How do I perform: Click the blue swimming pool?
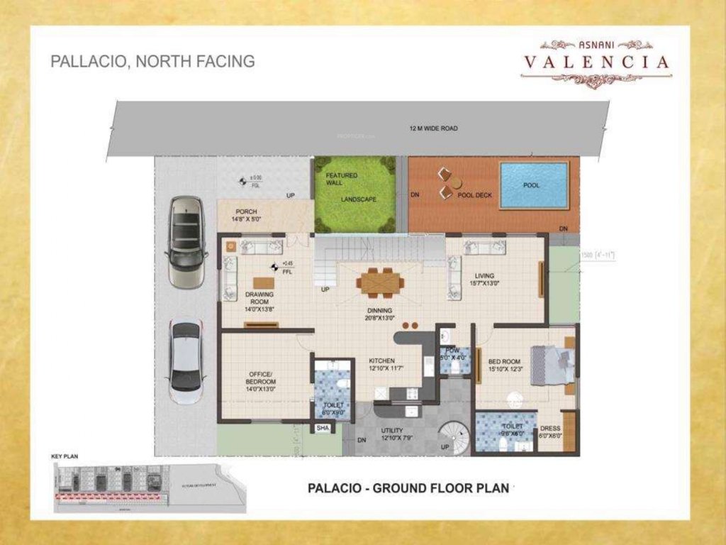[534, 185]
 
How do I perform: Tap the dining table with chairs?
[381, 282]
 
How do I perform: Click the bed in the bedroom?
[550, 365]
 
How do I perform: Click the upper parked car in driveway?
[186, 241]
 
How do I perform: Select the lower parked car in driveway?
[186, 362]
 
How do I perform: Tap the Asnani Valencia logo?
[596, 62]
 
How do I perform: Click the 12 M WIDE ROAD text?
[433, 128]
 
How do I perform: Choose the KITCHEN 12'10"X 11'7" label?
[386, 365]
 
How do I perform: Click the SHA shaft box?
[323, 428]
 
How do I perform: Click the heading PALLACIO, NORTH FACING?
[152, 62]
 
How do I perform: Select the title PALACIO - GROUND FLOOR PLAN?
[408, 488]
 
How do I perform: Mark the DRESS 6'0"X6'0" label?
[550, 432]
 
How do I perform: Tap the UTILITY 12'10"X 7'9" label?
[391, 434]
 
